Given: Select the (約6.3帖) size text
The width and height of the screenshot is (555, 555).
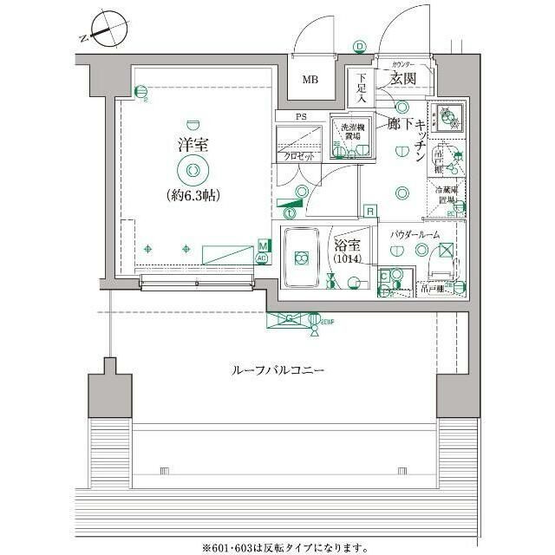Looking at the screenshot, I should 192,195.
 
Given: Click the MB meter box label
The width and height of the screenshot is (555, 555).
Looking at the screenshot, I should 310,81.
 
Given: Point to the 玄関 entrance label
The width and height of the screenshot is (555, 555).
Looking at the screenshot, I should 402,79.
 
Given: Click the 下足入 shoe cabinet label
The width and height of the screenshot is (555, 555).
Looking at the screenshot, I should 362,88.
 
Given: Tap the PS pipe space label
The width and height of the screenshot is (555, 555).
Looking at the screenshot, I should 301,115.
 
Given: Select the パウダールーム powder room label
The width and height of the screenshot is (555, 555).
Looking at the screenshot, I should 415,235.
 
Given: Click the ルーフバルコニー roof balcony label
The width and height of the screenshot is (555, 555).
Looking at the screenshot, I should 277,370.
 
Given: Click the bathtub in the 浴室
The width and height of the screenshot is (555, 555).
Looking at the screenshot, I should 300,258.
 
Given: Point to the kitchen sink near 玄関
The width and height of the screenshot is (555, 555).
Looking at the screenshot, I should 450,114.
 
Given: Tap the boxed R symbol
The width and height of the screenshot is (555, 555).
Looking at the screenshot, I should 369,211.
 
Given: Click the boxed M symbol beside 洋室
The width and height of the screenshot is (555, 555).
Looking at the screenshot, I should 262,247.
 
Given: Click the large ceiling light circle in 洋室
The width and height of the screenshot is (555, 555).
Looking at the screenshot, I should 193,169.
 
